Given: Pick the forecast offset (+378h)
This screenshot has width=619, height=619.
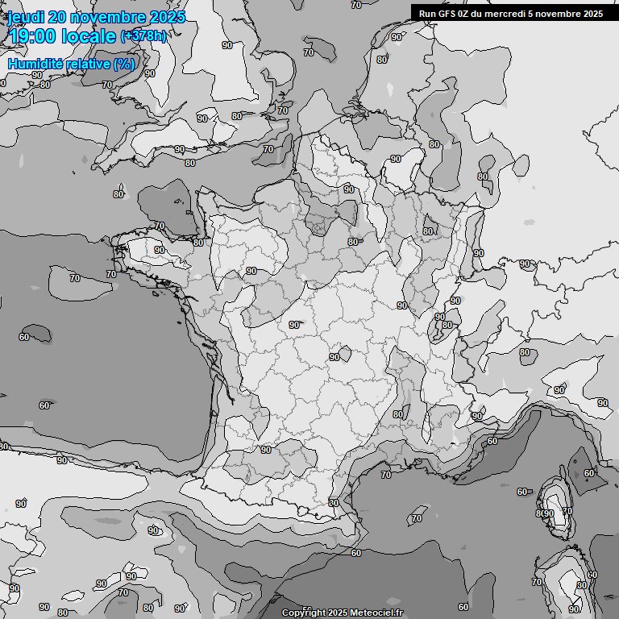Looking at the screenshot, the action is (x=144, y=36).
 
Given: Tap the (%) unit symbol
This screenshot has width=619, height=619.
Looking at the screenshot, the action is (x=123, y=63).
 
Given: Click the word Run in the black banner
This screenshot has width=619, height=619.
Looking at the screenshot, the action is (x=427, y=13).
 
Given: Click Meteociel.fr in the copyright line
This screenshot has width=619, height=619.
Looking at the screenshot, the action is (x=378, y=613).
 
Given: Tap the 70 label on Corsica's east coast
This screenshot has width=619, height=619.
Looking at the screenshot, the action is (x=567, y=511).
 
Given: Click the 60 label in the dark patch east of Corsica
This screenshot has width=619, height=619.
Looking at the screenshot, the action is (x=589, y=473).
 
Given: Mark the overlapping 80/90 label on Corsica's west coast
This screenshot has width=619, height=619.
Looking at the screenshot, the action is (x=545, y=513).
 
